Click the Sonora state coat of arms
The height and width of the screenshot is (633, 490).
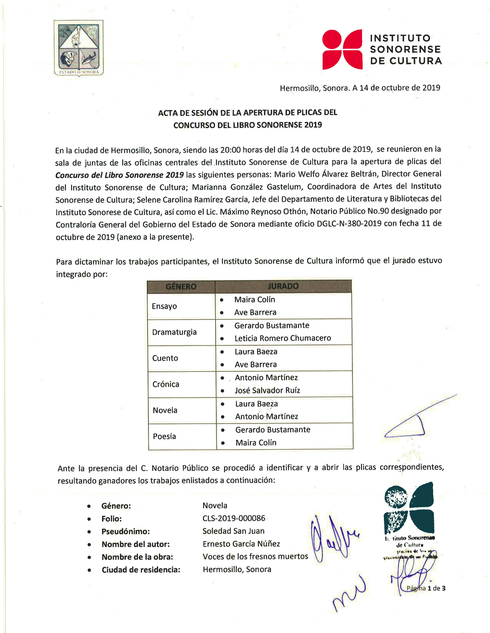pos(78,48)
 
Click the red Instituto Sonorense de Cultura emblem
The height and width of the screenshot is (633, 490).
pos(343,49)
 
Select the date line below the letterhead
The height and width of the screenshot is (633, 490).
pos(360,88)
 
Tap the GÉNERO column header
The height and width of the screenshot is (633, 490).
pos(181,287)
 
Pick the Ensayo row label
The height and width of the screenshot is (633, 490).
pos(164,306)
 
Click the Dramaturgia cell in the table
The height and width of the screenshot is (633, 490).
pos(174,332)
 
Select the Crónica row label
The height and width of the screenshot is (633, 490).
pos(166,384)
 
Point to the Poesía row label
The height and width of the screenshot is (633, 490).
pos(164,437)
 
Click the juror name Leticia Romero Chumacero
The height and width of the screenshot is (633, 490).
pos(283,338)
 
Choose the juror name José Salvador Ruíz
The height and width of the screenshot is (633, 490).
pos(267,390)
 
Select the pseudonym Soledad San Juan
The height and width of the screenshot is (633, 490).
pos(233,531)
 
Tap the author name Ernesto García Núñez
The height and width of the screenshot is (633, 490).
pos(241,544)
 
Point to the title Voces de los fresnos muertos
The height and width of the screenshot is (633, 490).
pos(255,556)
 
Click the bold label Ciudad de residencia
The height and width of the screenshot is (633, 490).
pos(141,570)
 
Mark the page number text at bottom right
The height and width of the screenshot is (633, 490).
pos(426,588)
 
